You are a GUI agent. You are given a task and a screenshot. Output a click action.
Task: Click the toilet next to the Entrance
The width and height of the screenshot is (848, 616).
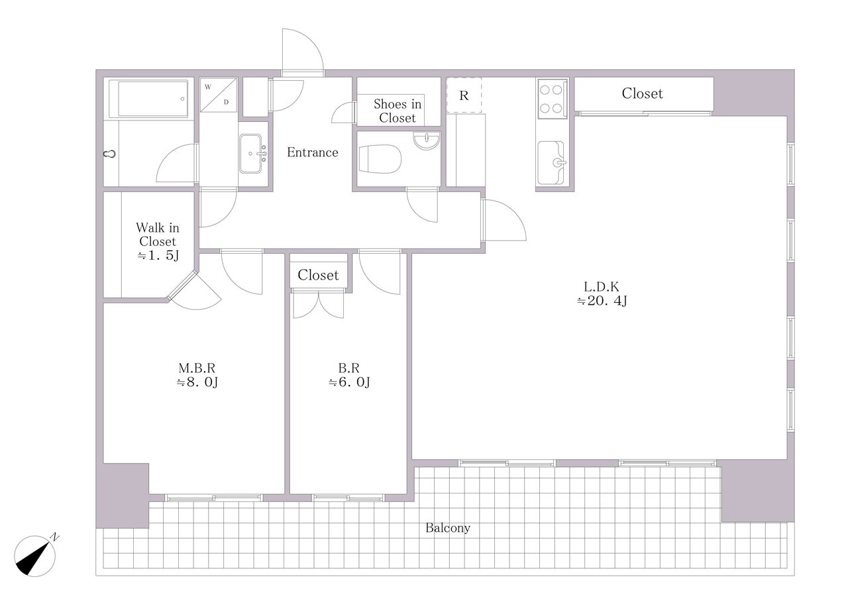point(380,159)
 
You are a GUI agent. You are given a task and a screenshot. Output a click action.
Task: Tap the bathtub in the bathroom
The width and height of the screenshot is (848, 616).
point(148,99)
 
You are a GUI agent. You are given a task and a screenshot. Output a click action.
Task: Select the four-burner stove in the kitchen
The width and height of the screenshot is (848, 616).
point(551,99)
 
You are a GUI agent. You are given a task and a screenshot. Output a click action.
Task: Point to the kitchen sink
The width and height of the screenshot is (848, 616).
point(551,163)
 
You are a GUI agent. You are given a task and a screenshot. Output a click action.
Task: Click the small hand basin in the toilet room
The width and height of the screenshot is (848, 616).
point(427,140)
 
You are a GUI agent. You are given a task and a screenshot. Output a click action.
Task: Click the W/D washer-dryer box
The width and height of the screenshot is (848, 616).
point(219,95)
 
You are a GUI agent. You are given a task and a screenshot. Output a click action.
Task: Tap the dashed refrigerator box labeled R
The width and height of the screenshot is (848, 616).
point(464,95)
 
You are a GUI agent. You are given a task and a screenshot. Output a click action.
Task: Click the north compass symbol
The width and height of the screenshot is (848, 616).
point(35,556)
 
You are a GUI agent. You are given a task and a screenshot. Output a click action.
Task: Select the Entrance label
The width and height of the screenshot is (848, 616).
point(312,152)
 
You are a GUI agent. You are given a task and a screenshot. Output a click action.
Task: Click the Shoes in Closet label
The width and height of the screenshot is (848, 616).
point(397,111)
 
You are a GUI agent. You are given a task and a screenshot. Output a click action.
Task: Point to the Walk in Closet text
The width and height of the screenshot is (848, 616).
point(158,234)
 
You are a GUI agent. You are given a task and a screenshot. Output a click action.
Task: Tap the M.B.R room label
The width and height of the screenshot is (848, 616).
point(197,368)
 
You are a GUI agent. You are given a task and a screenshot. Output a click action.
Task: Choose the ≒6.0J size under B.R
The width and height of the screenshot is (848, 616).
point(349,382)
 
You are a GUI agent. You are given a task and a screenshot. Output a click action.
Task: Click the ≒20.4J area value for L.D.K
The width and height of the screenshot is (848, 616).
point(602,301)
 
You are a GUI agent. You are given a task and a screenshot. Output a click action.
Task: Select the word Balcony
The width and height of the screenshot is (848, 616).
point(448,528)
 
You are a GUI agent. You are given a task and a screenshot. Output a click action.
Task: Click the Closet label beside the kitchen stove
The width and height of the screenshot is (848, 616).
point(643,93)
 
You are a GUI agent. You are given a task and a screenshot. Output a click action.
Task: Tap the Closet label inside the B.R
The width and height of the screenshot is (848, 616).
point(318,275)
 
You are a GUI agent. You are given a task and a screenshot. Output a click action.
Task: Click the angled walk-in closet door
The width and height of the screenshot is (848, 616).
point(195,291)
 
